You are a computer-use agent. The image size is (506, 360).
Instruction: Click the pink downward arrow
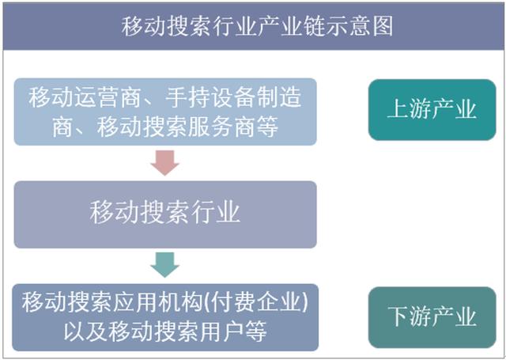(x=165, y=163)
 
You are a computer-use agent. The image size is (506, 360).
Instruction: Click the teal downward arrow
(x=165, y=265)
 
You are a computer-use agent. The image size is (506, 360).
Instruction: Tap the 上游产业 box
(x=432, y=110)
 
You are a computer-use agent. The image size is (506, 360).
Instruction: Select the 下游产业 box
(x=432, y=317)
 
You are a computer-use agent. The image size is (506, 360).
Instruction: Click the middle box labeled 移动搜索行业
(x=165, y=214)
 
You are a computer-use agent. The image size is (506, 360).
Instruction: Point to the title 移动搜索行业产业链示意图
(x=257, y=26)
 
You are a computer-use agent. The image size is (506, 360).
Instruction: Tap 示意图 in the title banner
(x=360, y=26)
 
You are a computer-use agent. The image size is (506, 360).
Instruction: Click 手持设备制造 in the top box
(x=233, y=97)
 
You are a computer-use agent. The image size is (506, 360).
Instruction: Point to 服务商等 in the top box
(x=233, y=127)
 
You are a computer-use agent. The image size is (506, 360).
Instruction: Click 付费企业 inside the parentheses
(x=257, y=302)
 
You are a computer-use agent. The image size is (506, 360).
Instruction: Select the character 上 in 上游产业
(x=398, y=110)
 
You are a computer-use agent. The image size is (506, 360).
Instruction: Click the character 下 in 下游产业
(x=398, y=317)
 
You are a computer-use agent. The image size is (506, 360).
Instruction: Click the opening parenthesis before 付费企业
(x=207, y=302)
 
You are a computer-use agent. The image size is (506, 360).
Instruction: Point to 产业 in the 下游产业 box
(x=455, y=317)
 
